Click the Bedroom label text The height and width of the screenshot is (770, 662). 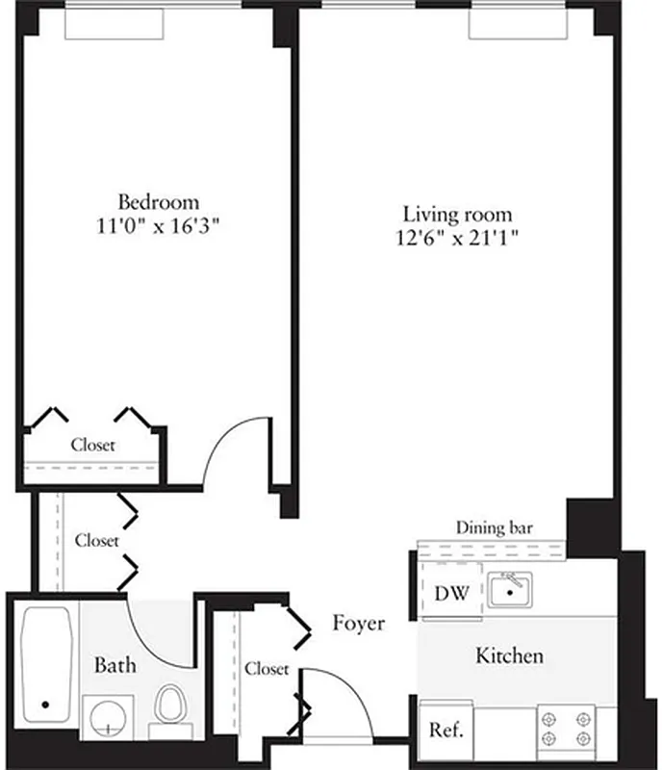pyautogui.click(x=159, y=202)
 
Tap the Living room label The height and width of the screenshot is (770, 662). pyautogui.click(x=457, y=214)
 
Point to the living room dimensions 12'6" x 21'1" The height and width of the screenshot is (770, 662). pyautogui.click(x=458, y=238)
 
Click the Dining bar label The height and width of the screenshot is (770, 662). pyautogui.click(x=495, y=527)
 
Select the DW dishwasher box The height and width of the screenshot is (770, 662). pyautogui.click(x=451, y=593)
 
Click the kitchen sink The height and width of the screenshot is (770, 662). pyautogui.click(x=511, y=589)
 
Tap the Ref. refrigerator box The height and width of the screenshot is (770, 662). pyautogui.click(x=446, y=730)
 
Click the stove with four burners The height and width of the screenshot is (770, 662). pyautogui.click(x=565, y=729)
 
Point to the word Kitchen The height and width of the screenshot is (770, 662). pyautogui.click(x=510, y=656)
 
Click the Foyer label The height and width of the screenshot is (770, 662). pyautogui.click(x=359, y=624)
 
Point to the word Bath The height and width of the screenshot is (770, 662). pyautogui.click(x=115, y=665)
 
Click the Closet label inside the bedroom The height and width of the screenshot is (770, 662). pyautogui.click(x=93, y=446)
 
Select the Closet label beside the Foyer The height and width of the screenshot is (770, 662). pyautogui.click(x=266, y=668)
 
